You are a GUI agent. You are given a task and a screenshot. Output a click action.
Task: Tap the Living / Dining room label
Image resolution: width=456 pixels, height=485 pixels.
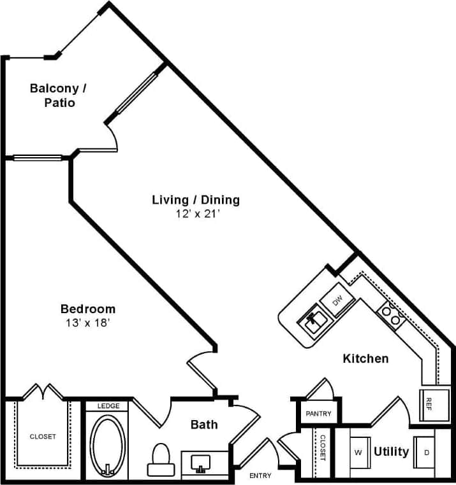[196, 200]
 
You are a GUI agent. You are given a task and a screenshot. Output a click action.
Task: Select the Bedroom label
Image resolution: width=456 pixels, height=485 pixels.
[88, 309]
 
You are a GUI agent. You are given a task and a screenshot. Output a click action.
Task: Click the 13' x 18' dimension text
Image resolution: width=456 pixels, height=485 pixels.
[88, 323]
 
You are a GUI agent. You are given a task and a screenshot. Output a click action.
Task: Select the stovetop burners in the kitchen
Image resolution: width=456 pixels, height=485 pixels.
[391, 316]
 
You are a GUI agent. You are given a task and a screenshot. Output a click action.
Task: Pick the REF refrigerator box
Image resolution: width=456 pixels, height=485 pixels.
[428, 403]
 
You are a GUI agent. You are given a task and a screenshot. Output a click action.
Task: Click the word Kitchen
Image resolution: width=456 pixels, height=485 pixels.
[365, 359]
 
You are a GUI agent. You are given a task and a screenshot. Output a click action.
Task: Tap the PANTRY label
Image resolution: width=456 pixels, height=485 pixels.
[318, 414]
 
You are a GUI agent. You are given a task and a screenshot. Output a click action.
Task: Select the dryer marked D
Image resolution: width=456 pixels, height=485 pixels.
[425, 452]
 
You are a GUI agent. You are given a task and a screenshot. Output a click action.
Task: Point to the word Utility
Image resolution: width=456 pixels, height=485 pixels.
[391, 452]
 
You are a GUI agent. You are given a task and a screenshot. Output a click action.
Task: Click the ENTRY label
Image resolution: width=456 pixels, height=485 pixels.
[260, 475]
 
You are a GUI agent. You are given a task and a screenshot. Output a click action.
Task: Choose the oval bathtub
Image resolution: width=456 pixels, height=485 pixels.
[107, 445]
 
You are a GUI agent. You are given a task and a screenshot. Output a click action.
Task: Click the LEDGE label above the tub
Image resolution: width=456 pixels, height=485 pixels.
[107, 406]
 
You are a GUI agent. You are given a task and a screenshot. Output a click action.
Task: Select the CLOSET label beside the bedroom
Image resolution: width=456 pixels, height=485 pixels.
[43, 437]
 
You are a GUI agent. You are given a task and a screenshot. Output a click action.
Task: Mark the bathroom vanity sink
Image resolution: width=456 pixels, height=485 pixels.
[203, 463]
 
